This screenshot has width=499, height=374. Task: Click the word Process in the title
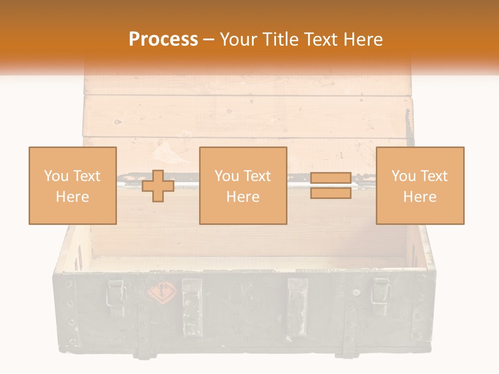(x=163, y=39)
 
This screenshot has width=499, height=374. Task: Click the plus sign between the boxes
(x=158, y=186)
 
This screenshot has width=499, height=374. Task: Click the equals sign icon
(x=331, y=186)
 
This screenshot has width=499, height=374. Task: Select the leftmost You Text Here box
(x=73, y=186)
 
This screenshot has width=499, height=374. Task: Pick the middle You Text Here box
(x=243, y=186)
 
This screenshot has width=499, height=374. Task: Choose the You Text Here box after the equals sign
(x=420, y=186)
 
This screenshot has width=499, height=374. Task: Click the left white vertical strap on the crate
(x=192, y=306)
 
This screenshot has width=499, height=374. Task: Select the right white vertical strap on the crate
(x=298, y=306)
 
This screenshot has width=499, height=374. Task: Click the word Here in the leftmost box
(x=73, y=197)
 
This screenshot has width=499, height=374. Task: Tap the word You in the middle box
(x=227, y=176)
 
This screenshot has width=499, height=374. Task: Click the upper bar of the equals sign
(x=331, y=178)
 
